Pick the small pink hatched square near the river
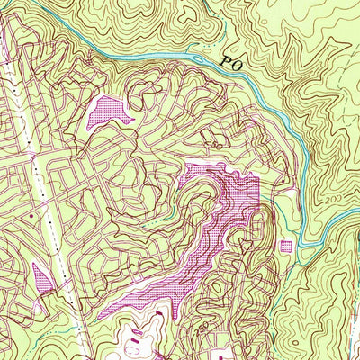tap(287, 246)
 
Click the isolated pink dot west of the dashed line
tap(31, 216)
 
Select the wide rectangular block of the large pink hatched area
tap(236, 193)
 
